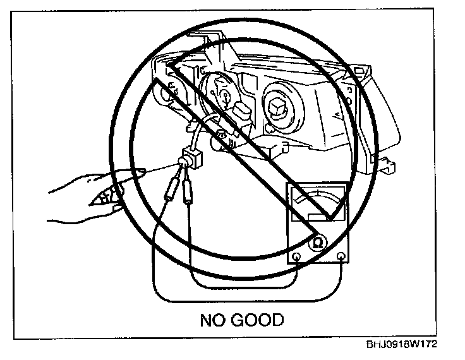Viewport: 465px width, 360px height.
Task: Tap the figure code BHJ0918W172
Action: [401, 345]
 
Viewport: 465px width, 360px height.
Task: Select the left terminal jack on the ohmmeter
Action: [298, 257]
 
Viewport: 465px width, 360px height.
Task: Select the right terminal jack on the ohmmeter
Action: [341, 256]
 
